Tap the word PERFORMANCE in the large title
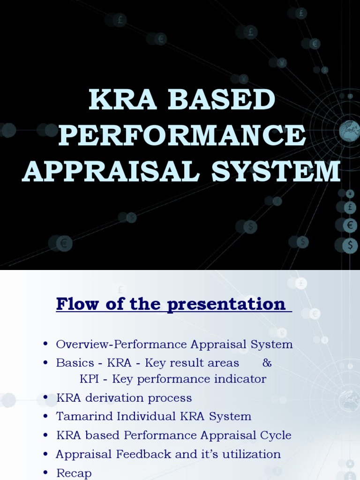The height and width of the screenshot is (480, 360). [182, 136]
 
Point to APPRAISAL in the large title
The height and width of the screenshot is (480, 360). [112, 172]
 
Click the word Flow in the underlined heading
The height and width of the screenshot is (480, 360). [76, 304]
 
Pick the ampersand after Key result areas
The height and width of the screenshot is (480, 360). [267, 363]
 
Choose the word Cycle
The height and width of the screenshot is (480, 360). [274, 435]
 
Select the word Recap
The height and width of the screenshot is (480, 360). [74, 473]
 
